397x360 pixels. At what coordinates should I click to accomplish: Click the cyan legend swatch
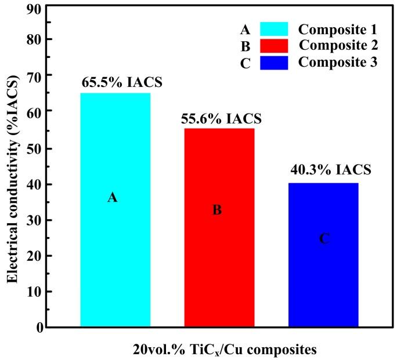point(281,29)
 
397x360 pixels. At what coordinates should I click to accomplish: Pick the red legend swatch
point(281,46)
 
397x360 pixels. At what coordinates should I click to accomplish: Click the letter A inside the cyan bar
point(113,198)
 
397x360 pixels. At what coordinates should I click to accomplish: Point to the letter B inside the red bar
point(217,210)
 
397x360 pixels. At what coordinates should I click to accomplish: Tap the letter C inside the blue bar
point(324,238)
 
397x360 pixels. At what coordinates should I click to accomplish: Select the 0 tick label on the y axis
point(39,328)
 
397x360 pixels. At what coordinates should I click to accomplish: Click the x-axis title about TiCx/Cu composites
point(223,350)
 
